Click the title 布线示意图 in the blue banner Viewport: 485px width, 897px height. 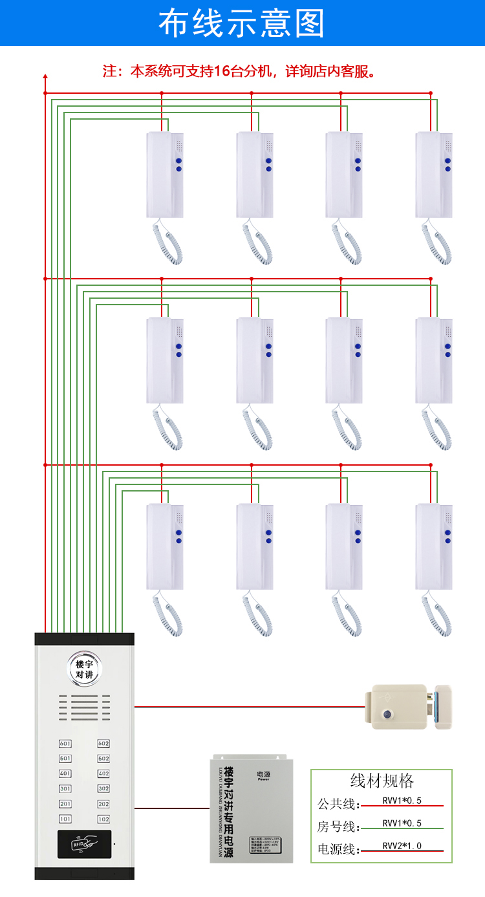242,23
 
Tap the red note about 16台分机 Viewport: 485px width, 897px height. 239,71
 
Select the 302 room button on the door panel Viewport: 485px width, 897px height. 103,788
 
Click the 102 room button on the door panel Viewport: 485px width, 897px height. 103,819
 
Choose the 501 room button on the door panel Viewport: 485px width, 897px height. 65,759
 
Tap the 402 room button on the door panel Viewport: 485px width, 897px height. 103,773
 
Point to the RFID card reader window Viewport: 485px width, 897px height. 84,844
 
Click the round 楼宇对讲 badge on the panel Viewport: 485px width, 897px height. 84,669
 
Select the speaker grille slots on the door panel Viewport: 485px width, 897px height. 84,708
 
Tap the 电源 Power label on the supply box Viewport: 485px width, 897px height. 263,775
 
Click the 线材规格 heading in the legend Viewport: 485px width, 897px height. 382,781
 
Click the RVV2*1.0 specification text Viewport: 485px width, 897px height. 402,845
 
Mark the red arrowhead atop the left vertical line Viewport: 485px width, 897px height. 45,77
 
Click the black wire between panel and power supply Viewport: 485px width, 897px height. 171,808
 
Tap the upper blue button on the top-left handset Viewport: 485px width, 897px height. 178,160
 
